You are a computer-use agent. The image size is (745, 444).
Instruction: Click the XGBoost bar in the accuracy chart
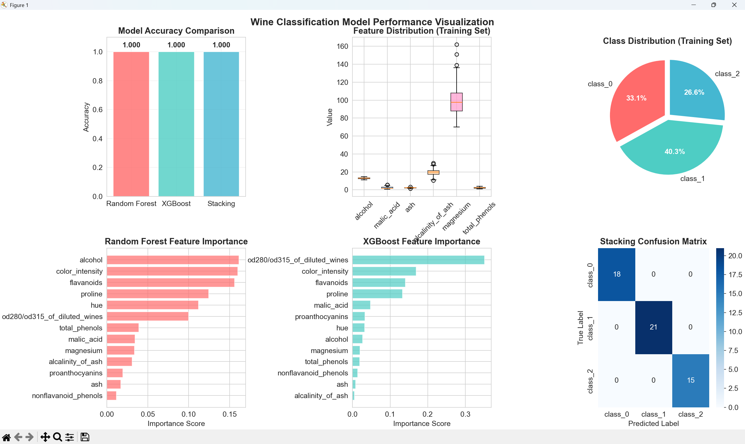click(x=176, y=124)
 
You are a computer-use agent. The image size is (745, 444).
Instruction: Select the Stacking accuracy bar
click(x=221, y=124)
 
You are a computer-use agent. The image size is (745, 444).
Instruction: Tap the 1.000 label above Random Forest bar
click(x=131, y=45)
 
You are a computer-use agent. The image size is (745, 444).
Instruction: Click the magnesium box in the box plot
click(x=456, y=102)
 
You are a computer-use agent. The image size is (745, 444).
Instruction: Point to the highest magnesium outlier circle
click(x=457, y=44)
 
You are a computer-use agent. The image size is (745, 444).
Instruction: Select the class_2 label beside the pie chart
click(x=727, y=74)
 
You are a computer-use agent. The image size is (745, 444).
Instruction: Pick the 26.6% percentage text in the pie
click(x=694, y=92)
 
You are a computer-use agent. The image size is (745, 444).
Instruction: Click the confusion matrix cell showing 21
click(x=653, y=327)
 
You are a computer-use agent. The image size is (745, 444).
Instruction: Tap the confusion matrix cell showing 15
click(x=691, y=380)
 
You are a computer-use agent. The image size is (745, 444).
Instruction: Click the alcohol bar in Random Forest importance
click(x=173, y=260)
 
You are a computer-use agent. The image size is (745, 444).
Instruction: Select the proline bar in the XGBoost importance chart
click(x=377, y=294)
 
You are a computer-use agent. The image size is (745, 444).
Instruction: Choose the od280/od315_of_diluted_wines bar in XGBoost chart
click(x=418, y=260)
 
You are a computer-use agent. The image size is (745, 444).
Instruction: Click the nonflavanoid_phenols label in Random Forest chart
click(x=67, y=395)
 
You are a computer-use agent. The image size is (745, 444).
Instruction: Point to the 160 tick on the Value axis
click(x=342, y=46)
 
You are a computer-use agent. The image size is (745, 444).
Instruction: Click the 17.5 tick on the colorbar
click(x=735, y=275)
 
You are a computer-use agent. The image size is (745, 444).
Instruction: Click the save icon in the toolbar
click(x=85, y=437)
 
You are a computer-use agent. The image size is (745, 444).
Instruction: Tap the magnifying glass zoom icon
click(x=57, y=437)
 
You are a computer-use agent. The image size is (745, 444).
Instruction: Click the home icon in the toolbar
click(x=6, y=437)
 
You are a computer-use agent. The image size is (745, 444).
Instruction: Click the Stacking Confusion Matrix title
click(x=653, y=241)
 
